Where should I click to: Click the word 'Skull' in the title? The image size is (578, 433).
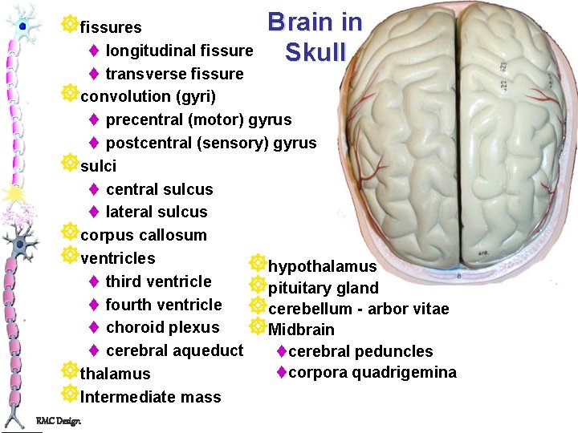tap(315, 52)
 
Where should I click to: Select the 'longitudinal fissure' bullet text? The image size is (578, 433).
tap(179, 51)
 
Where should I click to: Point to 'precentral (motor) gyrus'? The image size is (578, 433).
tap(198, 120)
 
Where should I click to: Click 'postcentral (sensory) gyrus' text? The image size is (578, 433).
tap(210, 144)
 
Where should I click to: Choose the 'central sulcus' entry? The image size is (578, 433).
tap(159, 189)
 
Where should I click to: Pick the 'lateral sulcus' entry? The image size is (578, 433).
tap(156, 212)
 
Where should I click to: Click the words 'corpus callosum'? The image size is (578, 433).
tap(144, 235)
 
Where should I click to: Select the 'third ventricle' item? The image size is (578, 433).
tap(158, 281)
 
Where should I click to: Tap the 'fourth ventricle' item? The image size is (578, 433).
tap(163, 305)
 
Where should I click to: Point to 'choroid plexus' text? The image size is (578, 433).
tap(162, 327)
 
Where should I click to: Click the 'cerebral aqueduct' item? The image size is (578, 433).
tap(173, 350)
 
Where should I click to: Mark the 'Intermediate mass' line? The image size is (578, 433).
tap(151, 397)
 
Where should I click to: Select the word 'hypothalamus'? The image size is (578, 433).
tap(322, 266)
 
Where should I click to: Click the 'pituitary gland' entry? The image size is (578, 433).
tap(323, 288)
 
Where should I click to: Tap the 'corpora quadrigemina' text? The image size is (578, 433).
tap(372, 372)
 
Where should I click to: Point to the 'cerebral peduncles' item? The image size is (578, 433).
tap(360, 351)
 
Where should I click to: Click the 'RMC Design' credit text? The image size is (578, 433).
tap(58, 422)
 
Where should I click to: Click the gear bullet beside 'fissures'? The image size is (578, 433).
tap(70, 25)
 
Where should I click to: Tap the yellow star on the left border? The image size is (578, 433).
tap(13, 192)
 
